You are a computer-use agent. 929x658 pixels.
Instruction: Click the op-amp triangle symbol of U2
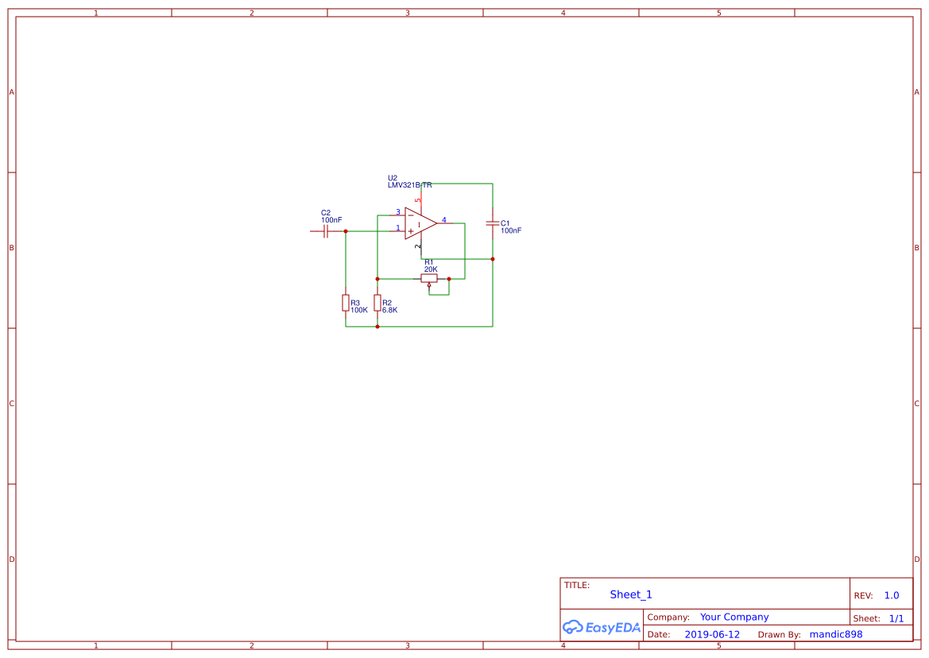[420, 223]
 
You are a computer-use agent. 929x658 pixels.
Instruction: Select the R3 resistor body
[346, 303]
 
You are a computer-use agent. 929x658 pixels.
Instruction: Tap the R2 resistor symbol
[377, 303]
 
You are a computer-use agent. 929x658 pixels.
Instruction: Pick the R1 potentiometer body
[429, 278]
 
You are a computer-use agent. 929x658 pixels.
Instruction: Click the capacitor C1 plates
[493, 223]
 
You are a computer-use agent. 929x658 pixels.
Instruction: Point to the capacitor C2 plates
[326, 231]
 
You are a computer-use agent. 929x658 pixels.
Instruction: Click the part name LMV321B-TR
[410, 185]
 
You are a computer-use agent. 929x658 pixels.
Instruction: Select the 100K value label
[359, 311]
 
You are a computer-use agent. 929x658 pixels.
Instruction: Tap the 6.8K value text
[390, 311]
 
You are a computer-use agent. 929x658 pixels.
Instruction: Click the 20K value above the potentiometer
[431, 269]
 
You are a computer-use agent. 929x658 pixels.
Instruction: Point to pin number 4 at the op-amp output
[444, 220]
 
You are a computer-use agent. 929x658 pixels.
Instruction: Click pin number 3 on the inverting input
[398, 212]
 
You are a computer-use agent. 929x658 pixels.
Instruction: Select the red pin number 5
[418, 200]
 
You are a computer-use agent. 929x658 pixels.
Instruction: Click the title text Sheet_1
[631, 594]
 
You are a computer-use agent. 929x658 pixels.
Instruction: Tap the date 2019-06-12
[712, 634]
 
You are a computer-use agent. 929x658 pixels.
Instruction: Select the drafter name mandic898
[836, 634]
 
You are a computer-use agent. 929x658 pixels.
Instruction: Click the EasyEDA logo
[602, 627]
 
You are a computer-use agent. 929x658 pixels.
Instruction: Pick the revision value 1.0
[892, 596]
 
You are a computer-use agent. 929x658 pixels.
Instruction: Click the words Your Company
[734, 617]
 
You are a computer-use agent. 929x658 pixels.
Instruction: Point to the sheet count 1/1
[896, 618]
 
